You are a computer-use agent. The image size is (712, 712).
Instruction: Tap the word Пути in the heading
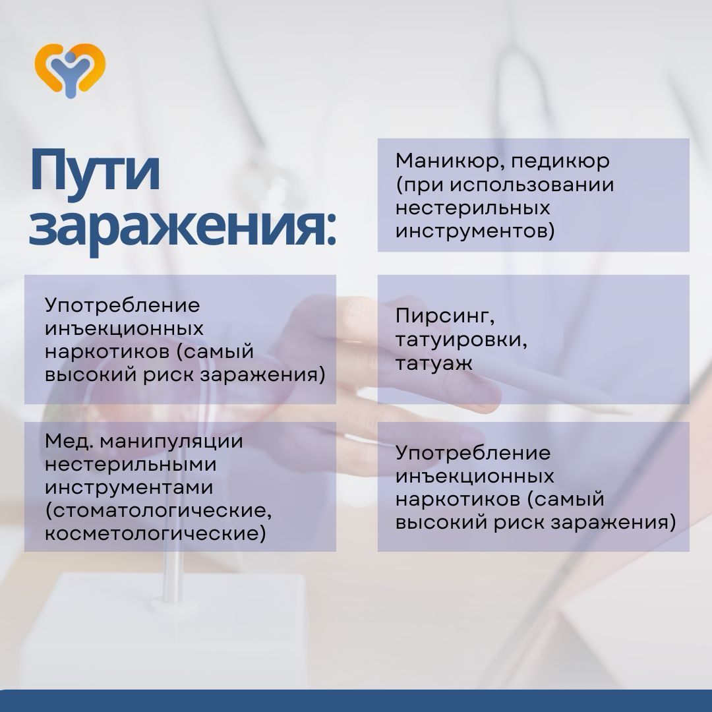95,173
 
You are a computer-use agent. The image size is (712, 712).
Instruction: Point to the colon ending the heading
330,232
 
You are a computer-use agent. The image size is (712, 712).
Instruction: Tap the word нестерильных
473,208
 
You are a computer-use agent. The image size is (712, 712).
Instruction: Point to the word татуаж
434,363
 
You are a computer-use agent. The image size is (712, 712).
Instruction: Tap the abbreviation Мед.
69,441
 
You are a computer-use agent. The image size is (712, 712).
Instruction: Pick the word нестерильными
131,465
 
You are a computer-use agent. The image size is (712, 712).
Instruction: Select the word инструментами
129,487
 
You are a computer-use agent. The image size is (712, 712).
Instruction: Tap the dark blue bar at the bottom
356,701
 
